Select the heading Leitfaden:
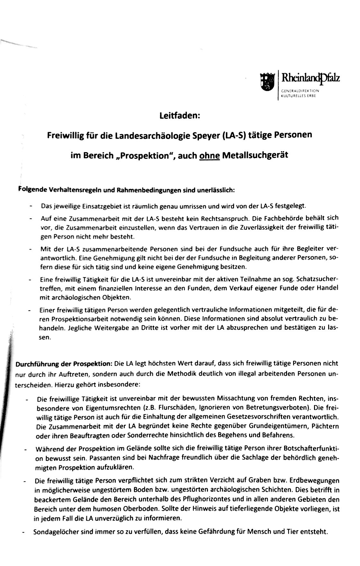(x=180, y=115)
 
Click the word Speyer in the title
(x=204, y=135)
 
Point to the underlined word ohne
(x=210, y=156)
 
